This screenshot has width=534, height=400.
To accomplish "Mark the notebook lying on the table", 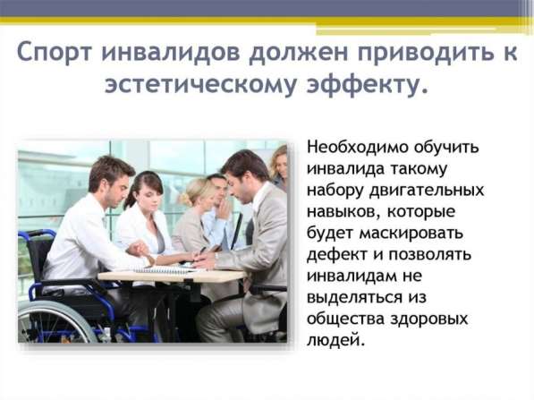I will pyautogui.click(x=165, y=269).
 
